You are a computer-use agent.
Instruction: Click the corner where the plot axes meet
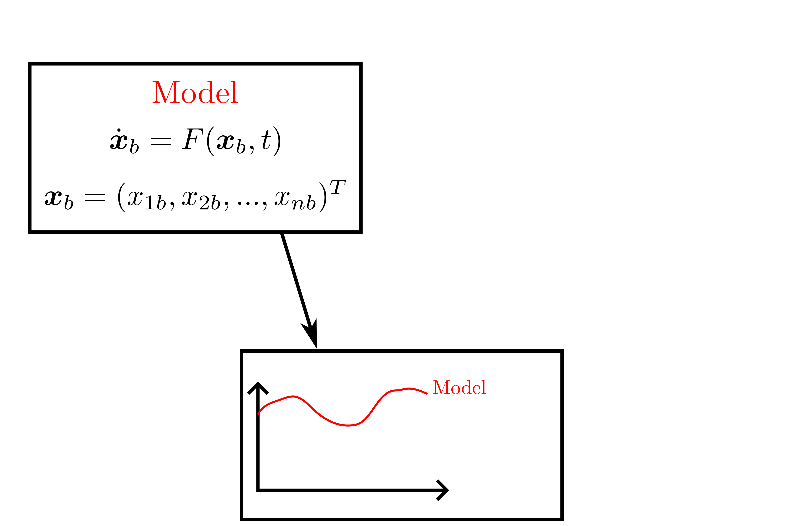[258, 490]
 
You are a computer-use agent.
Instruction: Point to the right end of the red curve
[426, 394]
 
